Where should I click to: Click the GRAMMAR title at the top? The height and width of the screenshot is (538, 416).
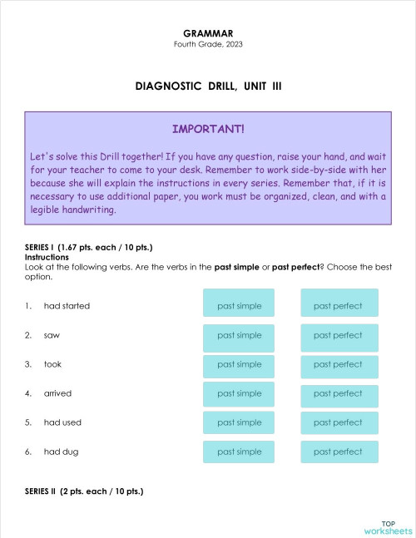pos(207,33)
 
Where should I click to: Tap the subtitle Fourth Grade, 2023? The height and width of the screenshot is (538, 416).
pos(207,44)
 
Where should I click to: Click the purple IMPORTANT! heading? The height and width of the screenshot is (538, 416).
pos(208,130)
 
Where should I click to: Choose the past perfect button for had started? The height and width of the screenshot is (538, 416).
pos(339,306)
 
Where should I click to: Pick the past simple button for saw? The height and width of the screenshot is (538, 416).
pos(240,335)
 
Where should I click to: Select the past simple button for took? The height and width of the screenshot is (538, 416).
pos(240,364)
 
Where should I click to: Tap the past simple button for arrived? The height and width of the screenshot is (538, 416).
pos(240,393)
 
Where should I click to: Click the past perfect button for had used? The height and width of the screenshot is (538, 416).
pos(339,422)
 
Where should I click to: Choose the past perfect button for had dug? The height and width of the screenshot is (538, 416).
pos(339,452)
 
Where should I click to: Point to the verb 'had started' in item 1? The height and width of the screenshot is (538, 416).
pos(67,306)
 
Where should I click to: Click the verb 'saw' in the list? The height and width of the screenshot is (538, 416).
pos(52,335)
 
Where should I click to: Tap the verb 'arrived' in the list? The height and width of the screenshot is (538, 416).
pos(57,393)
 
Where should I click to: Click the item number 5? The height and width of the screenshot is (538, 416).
pos(28,422)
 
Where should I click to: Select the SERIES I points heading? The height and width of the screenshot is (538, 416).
pos(89,248)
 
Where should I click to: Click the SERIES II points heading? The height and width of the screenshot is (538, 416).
pos(84,491)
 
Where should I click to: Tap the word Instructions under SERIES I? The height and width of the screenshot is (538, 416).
pos(47,258)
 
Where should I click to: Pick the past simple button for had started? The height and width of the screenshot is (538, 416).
pos(240,306)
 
